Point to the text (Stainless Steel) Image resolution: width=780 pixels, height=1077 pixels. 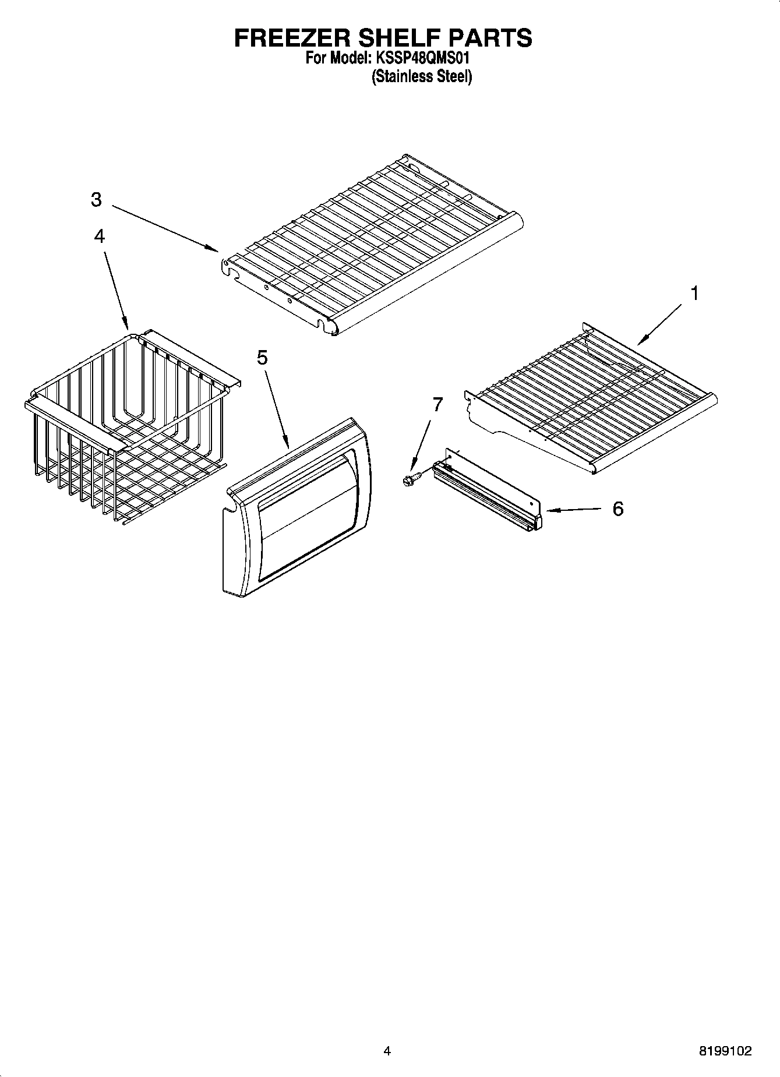tap(422, 76)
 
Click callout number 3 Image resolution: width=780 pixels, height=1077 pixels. tap(96, 200)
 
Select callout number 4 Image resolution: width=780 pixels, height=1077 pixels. tap(100, 236)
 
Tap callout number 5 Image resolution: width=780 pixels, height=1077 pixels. tap(262, 357)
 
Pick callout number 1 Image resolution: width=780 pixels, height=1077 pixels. tap(694, 293)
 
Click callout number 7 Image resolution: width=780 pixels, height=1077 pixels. tap(437, 404)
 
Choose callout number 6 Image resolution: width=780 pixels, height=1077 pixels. tap(617, 509)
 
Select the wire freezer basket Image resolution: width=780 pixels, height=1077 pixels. tap(125, 425)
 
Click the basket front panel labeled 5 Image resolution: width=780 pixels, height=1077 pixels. tap(297, 507)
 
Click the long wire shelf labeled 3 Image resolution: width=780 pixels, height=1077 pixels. tap(373, 245)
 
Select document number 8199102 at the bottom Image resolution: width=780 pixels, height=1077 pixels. tap(725, 1051)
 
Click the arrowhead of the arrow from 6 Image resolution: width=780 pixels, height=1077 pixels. tap(549, 510)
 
